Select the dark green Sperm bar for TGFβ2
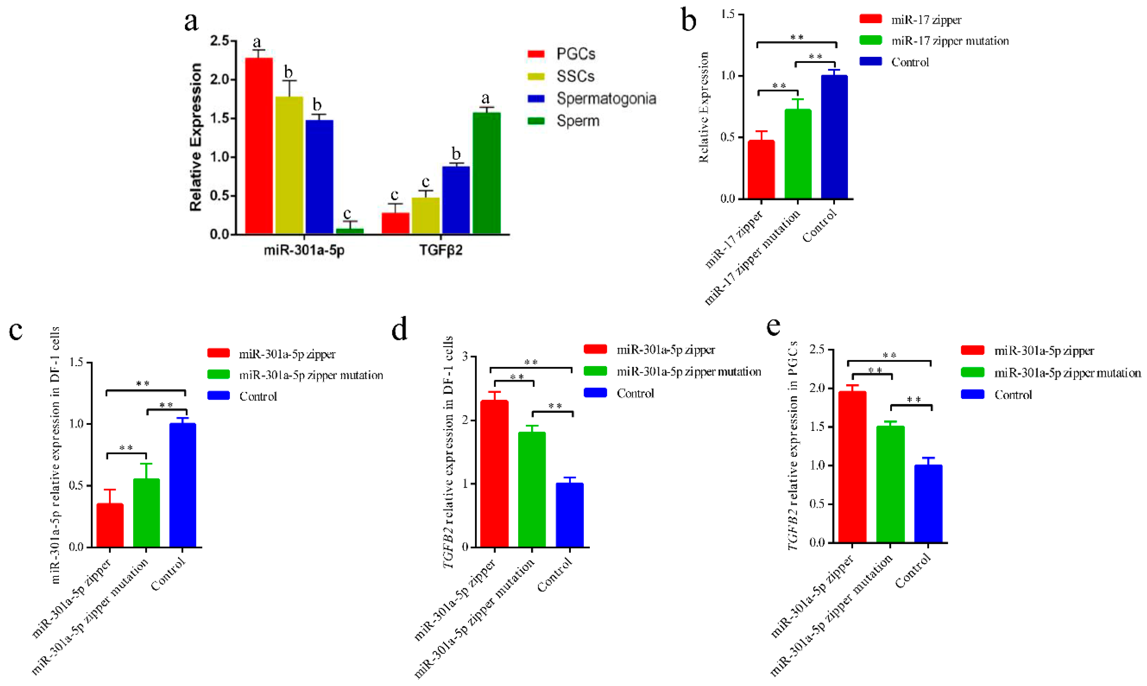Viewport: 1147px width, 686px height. [x=486, y=173]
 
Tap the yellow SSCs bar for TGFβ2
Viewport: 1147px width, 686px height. [x=426, y=215]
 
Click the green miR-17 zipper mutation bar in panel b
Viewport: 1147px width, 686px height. [x=798, y=154]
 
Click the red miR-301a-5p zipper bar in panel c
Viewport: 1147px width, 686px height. [x=110, y=525]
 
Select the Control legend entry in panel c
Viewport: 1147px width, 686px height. [x=257, y=396]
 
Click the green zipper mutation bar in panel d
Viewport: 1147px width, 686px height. [x=532, y=490]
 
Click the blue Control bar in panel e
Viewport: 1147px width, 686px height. [x=928, y=504]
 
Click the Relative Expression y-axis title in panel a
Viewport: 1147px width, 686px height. [x=196, y=137]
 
